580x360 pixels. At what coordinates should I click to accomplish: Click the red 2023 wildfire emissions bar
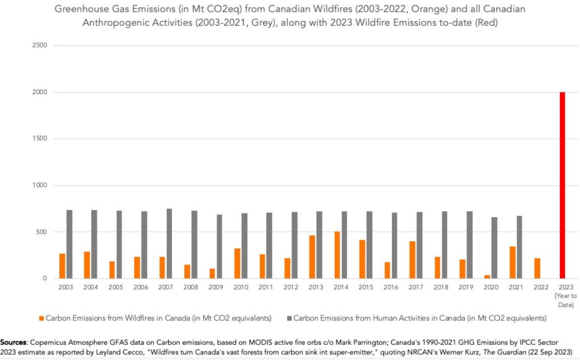562,185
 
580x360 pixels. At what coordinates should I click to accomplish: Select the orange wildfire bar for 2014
337,255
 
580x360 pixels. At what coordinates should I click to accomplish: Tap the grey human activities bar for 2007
169,244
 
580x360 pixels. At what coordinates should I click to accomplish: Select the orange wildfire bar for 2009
212,273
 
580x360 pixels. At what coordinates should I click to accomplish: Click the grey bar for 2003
69,244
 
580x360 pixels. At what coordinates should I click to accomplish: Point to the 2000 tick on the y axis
39,92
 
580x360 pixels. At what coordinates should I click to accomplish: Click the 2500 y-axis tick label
39,45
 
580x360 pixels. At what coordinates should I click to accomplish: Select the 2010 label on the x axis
241,287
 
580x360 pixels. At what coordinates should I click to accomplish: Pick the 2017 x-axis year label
417,287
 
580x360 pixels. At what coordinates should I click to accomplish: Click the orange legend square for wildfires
41,318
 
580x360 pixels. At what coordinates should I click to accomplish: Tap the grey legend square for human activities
289,318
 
